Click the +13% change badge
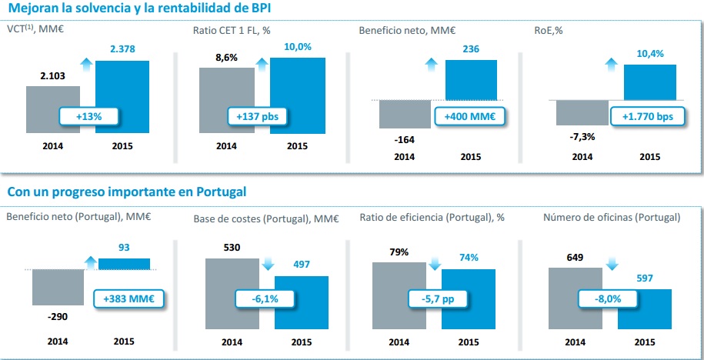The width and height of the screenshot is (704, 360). pyautogui.click(x=89, y=117)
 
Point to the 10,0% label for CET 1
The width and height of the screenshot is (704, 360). pyautogui.click(x=297, y=48)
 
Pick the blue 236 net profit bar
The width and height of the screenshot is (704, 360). pyautogui.click(x=470, y=80)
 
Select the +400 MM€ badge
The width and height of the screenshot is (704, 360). pyautogui.click(x=469, y=117)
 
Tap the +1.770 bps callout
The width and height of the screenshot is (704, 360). pyautogui.click(x=647, y=117)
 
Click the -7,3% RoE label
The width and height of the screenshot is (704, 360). pyautogui.click(x=582, y=137)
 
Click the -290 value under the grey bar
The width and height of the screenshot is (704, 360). pyautogui.click(x=56, y=316)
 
